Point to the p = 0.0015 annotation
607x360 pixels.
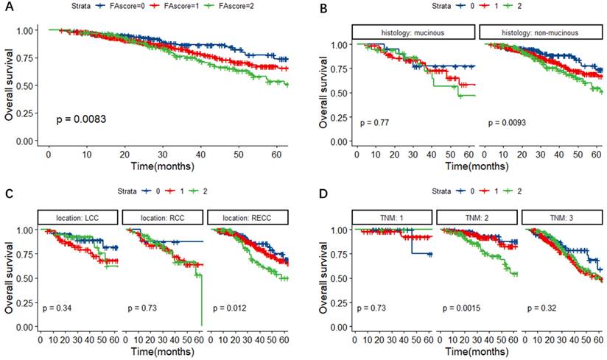(x=461, y=307)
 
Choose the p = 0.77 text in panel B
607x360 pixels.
(x=373, y=121)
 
